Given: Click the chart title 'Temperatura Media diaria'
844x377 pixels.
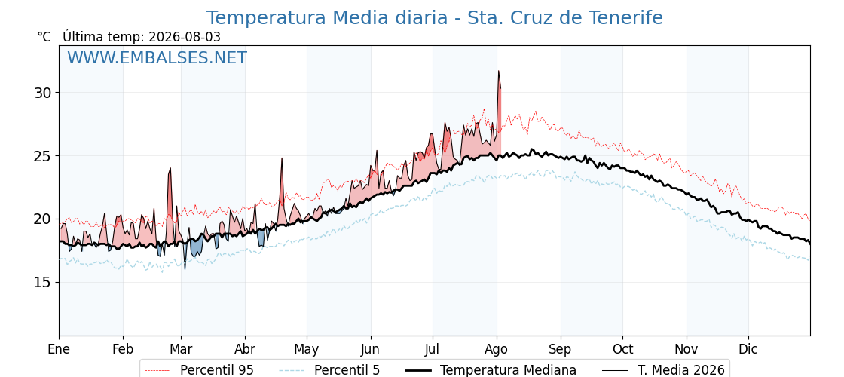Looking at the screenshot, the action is (327, 18).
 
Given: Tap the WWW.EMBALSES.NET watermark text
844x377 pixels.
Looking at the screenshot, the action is (157, 57).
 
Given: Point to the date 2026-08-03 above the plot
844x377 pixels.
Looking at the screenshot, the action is (185, 37).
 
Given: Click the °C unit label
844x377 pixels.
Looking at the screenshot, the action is (44, 37).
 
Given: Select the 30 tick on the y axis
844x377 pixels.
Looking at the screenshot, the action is (44, 93).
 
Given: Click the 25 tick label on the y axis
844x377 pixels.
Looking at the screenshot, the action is (44, 155).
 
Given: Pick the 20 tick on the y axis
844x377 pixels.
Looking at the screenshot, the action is (44, 219).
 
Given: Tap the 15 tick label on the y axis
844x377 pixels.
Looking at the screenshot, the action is (44, 282).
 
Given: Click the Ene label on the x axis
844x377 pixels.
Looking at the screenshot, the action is (60, 349).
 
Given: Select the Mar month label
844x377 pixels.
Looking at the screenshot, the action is (181, 349).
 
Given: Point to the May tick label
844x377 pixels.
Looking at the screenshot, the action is (307, 349).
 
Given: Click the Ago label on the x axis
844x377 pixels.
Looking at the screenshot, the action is (497, 349).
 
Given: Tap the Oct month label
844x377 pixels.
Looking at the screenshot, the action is (622, 349).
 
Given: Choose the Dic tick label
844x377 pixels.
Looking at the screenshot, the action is (748, 349).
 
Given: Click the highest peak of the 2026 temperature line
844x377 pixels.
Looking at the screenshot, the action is (498, 71).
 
